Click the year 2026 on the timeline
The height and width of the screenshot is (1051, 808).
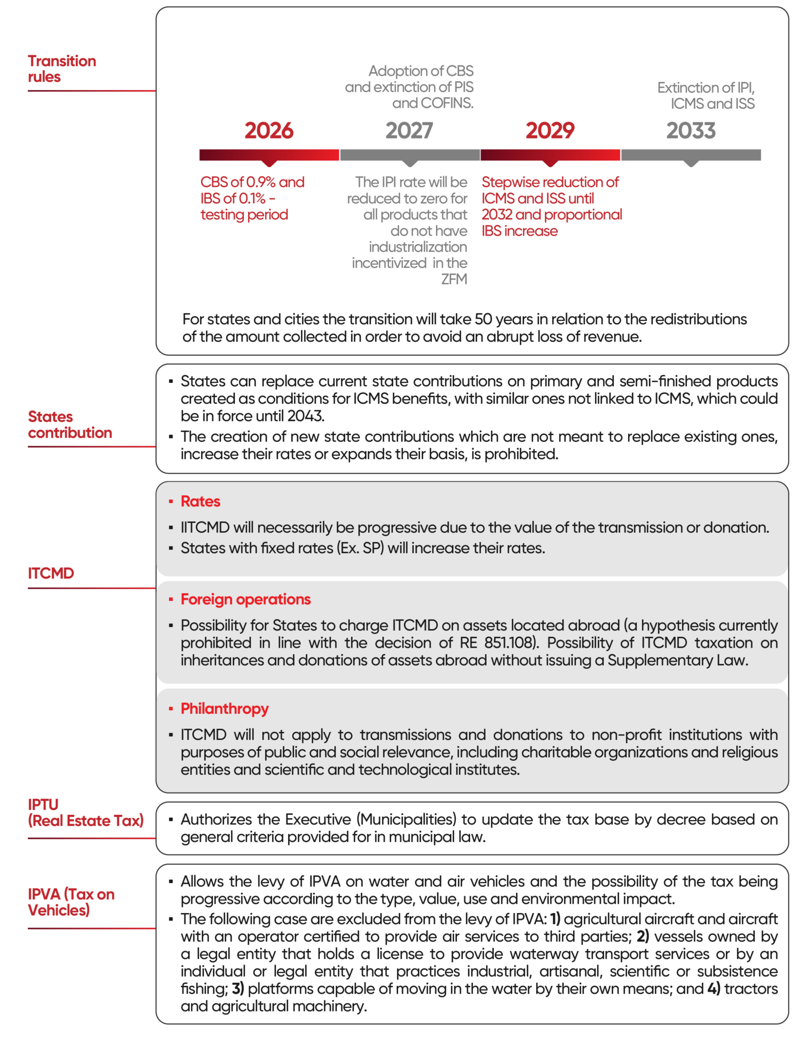coord(269,130)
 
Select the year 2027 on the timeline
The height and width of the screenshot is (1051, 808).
coord(409,130)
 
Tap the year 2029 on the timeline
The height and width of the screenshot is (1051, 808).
coord(550,130)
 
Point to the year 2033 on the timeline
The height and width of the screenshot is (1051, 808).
coord(691,130)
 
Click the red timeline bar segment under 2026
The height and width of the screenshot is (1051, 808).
coord(269,154)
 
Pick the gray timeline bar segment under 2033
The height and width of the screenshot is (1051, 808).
coord(691,154)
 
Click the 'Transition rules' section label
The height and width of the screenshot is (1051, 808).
coord(62,69)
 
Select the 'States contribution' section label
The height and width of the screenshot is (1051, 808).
coord(70,424)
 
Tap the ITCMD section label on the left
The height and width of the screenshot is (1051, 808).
coord(51,573)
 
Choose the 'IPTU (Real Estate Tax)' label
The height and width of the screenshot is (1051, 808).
coord(85,812)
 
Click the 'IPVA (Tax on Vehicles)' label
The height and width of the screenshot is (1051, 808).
coord(71,902)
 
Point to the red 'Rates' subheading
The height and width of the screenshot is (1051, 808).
coord(200,501)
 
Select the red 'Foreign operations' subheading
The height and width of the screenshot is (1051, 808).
coord(246,599)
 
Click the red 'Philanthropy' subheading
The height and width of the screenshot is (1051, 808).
coord(225,709)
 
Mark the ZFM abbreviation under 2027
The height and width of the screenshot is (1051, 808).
coord(454,279)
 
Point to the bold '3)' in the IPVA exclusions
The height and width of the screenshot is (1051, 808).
coord(238,988)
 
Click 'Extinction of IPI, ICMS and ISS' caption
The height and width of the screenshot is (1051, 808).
coord(706,95)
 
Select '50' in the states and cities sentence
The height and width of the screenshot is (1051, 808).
coord(483,319)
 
